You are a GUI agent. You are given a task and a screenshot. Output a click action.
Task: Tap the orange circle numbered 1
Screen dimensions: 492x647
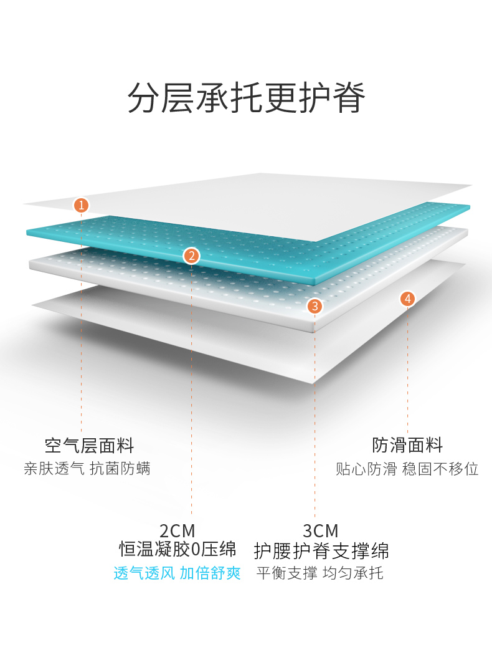coord(81,204)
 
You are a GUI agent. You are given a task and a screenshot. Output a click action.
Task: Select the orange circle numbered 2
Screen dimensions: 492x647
coord(191,255)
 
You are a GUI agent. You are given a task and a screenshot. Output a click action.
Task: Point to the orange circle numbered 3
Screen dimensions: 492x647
coord(315,306)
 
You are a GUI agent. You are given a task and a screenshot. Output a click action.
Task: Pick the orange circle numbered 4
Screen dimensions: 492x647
coord(408,299)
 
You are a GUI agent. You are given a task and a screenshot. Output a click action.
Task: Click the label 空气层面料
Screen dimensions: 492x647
coord(89,446)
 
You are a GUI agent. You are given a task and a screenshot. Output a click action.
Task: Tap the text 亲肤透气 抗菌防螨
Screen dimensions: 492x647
coord(87,469)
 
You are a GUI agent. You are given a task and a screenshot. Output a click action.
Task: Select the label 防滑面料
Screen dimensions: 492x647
coord(407,446)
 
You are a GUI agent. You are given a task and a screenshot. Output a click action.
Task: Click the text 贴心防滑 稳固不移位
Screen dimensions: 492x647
coord(407,469)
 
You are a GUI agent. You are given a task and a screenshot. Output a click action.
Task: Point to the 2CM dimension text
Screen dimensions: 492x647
coord(177,531)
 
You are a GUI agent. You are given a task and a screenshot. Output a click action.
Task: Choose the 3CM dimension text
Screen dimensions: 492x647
coord(320,531)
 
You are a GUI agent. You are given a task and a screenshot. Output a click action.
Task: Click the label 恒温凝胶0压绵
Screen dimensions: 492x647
coord(178,550)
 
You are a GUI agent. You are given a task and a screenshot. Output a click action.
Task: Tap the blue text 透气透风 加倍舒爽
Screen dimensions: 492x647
coord(177,573)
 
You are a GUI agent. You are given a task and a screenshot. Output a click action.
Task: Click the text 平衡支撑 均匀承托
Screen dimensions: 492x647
coord(320,573)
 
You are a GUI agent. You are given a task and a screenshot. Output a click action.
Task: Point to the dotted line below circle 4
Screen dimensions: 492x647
coord(408,368)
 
